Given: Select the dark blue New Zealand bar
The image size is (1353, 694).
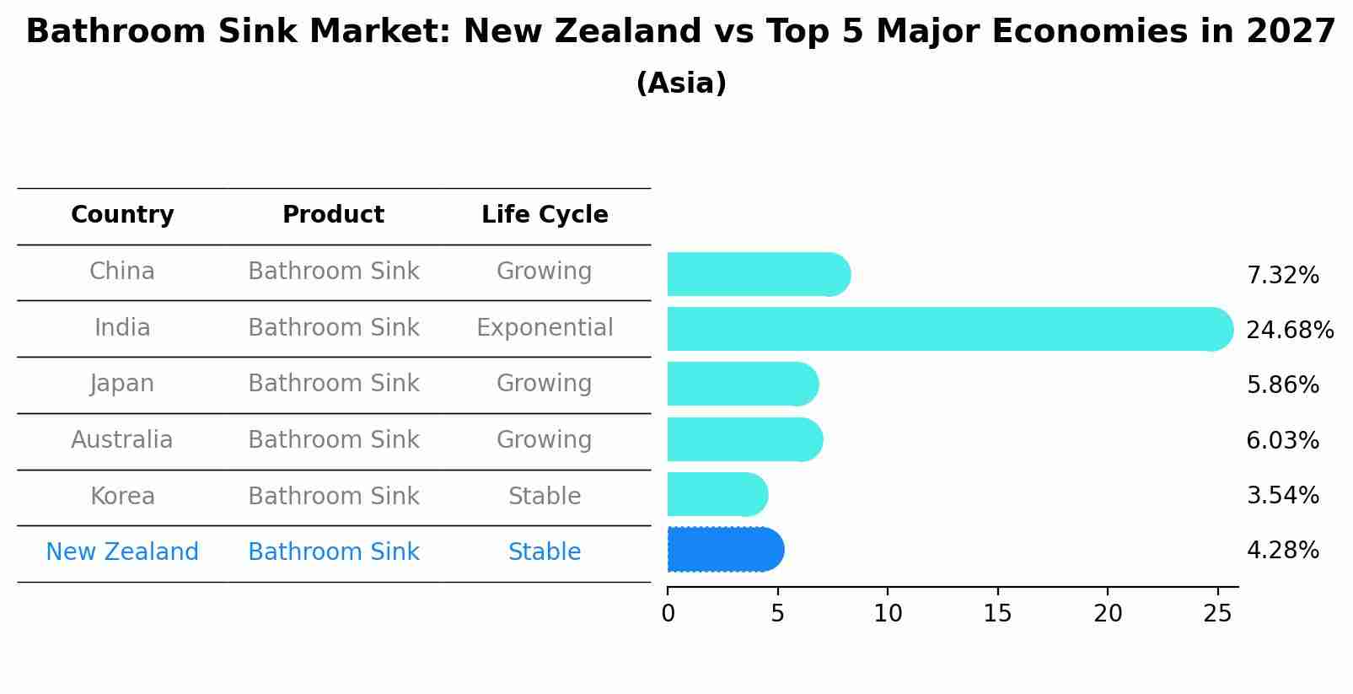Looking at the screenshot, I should (725, 550).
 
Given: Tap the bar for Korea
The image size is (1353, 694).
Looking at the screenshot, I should (717, 494).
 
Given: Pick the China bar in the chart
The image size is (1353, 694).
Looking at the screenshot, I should (757, 274).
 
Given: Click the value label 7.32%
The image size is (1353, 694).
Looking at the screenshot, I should (1282, 276).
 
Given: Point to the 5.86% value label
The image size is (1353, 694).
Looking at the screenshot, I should (1282, 385).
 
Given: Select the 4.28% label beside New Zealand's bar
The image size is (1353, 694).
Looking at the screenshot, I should (1282, 551).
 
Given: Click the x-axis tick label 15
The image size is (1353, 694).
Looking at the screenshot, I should (997, 614).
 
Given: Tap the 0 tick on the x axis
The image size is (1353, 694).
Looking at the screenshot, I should (668, 614).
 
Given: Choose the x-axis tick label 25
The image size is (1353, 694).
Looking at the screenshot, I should (1217, 614).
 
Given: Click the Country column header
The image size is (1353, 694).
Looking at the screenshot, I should (122, 215).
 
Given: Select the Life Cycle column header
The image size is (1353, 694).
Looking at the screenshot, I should (545, 215).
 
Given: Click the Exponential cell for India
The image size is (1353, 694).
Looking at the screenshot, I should (545, 328).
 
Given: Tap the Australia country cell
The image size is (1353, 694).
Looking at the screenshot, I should (122, 440).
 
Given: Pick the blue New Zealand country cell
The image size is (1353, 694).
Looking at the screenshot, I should (122, 552).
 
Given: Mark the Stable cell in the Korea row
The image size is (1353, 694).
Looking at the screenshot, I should (545, 497).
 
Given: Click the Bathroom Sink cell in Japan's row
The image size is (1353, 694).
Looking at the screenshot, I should (334, 384).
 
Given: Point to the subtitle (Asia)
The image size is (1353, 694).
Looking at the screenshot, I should (681, 83).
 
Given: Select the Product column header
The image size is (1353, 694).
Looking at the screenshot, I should (334, 215).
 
